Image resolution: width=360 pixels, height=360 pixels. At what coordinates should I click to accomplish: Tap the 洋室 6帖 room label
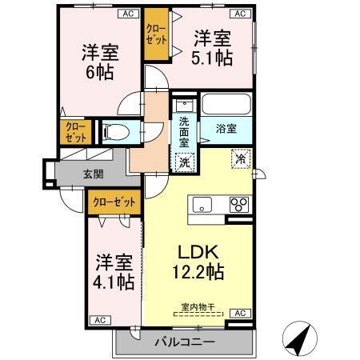[101, 62]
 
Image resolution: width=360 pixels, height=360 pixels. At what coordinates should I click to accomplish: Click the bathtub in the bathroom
[226, 106]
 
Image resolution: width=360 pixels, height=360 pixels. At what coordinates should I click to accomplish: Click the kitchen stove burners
[238, 206]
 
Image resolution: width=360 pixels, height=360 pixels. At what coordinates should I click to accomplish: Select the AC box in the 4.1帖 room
[101, 319]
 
